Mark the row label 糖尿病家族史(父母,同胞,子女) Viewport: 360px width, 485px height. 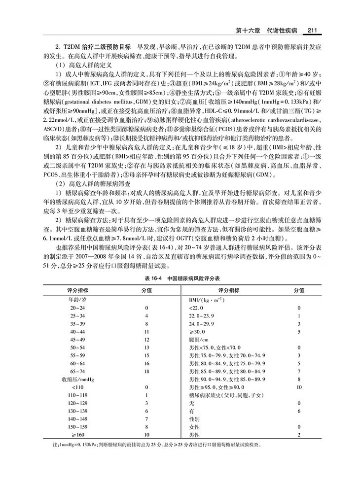point(227,396)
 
